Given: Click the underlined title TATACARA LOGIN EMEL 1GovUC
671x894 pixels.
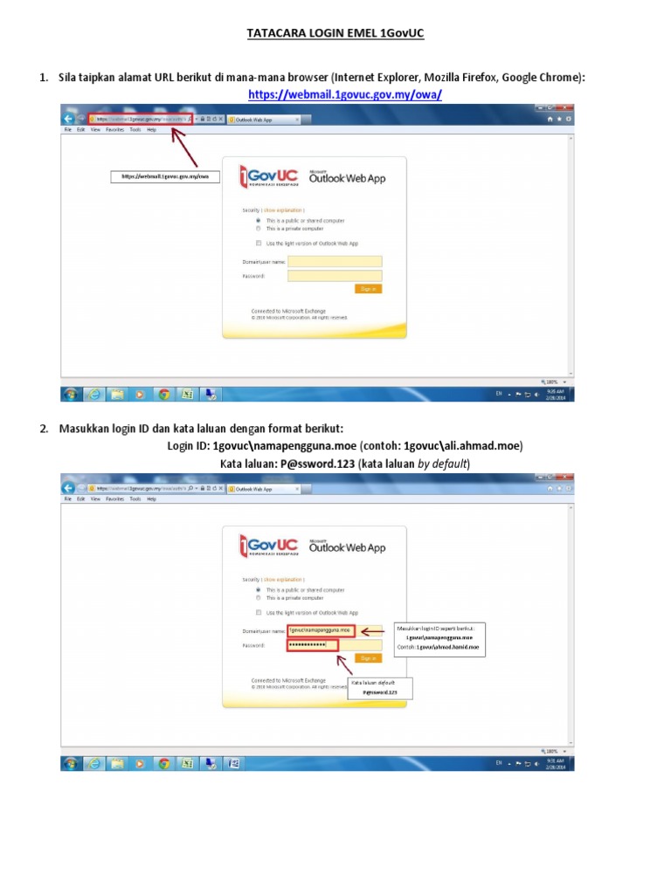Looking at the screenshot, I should [x=335, y=34].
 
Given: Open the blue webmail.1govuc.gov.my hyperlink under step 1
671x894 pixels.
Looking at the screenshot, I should [x=345, y=93].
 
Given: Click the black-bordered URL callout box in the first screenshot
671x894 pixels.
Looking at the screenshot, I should [x=166, y=176].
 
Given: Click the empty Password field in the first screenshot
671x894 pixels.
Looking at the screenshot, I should [x=335, y=276].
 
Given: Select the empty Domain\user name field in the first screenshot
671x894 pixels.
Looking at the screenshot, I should [x=335, y=261].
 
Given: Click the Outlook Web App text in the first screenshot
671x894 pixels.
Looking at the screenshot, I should [x=347, y=177].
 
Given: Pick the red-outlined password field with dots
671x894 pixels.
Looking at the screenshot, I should [x=312, y=645].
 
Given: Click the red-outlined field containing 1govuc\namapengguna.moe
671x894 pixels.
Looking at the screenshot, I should [x=321, y=629].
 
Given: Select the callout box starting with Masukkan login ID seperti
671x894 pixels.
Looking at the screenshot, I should [x=439, y=639].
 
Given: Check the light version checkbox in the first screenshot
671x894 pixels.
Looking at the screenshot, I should [x=259, y=243].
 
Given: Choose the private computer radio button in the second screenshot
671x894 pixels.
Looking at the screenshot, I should [x=259, y=598].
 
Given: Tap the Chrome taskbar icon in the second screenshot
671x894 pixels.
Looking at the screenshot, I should [x=163, y=764].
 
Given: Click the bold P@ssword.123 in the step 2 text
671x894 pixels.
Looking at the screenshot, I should [x=317, y=464].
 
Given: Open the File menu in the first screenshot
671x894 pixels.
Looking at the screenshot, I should [x=67, y=129].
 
